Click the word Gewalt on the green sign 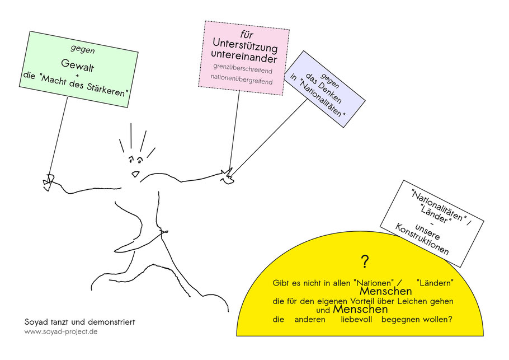coord(78,66)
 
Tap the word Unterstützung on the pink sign coord(245,45)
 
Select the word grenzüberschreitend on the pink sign coord(243,68)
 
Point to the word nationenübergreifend coord(242,80)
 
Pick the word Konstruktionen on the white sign coord(422,239)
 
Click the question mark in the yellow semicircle coord(365,261)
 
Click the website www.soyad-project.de coord(61,332)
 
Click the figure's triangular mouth coord(136,174)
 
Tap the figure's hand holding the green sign coord(48,182)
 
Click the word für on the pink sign coord(247,34)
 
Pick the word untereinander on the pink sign coord(244,56)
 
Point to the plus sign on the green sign coord(77,76)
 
